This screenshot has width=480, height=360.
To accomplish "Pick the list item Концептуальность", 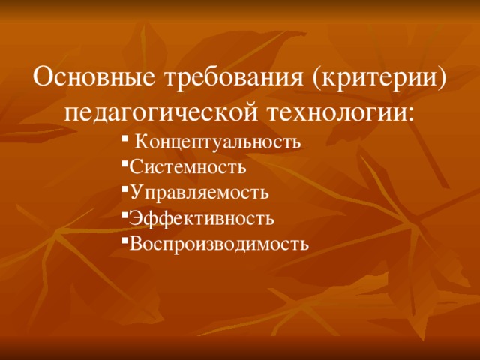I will pos(218,142).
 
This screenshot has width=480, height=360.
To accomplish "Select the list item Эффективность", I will pos(202,217).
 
